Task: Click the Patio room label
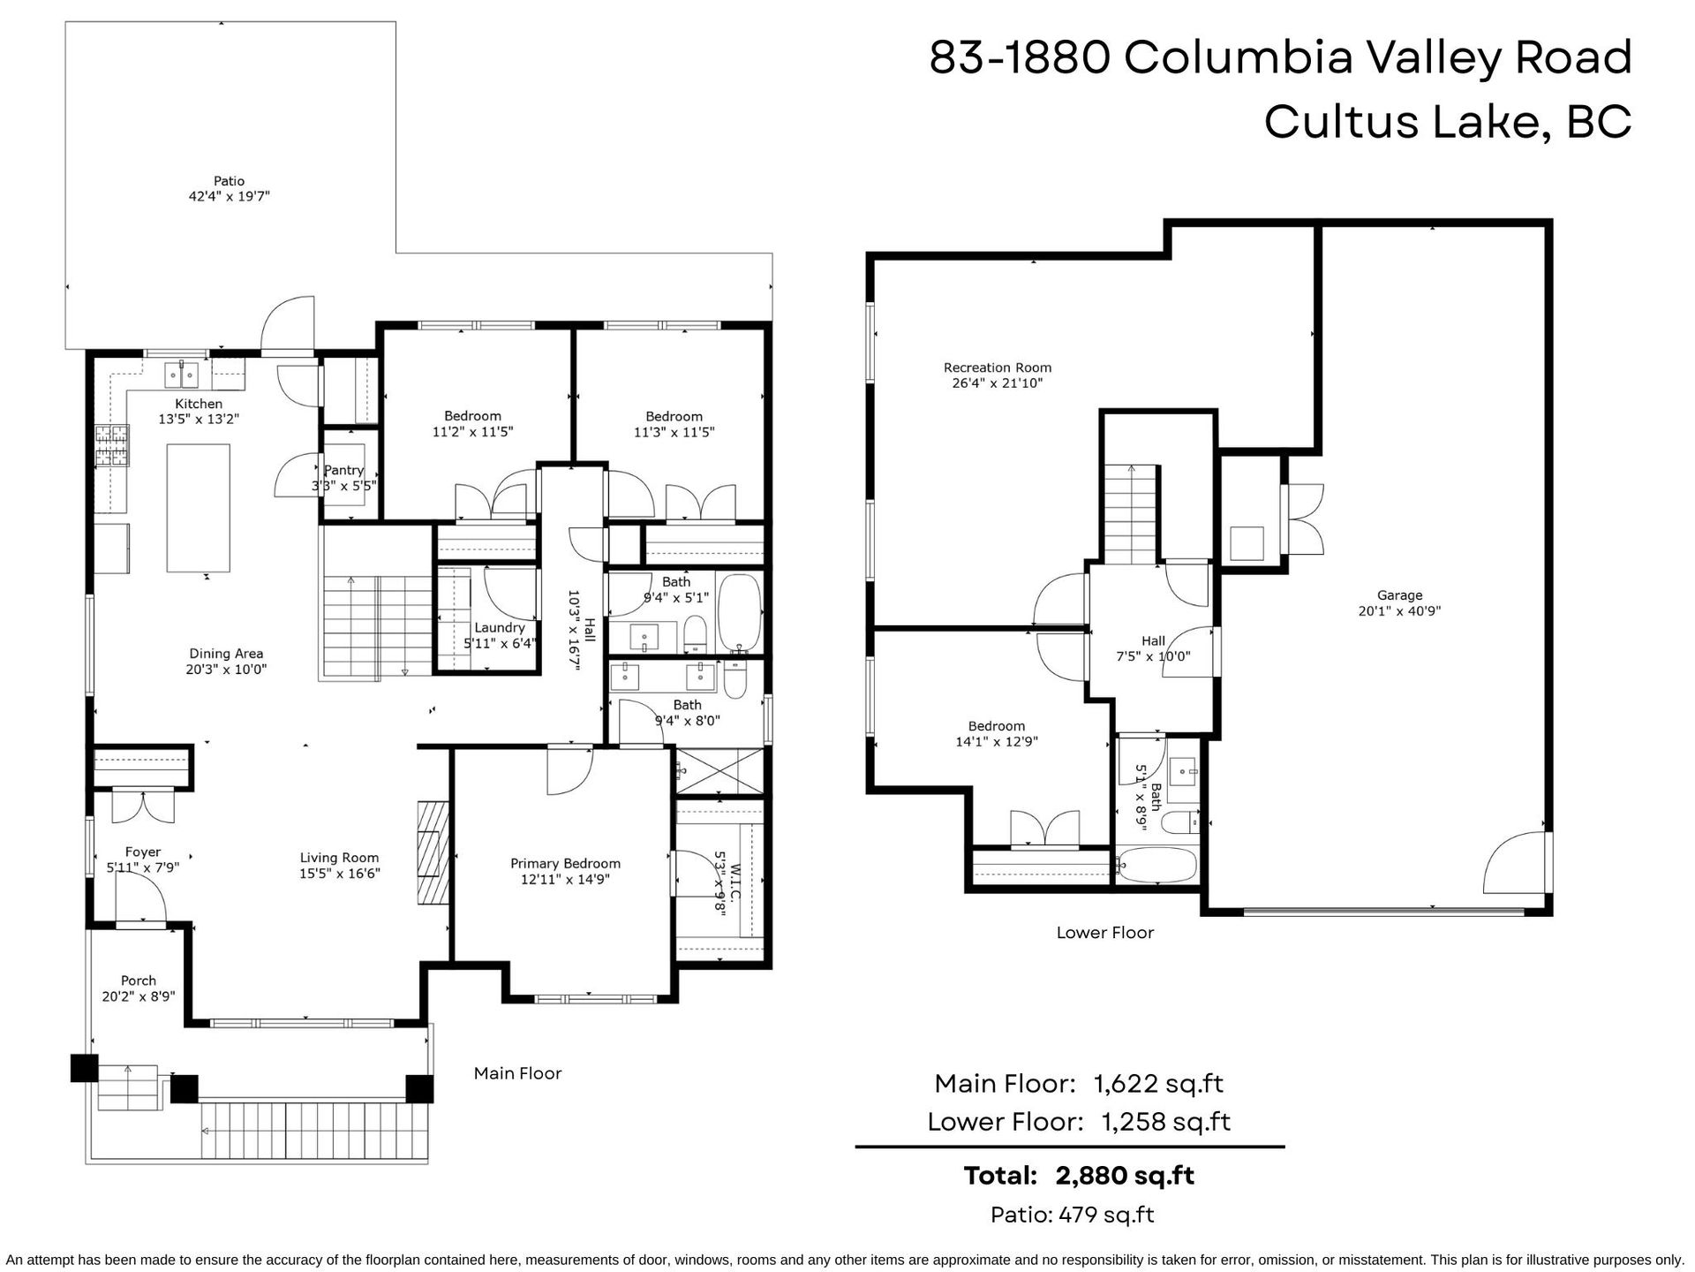[x=229, y=181]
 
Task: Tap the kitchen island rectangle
[x=199, y=508]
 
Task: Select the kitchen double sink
[x=185, y=375]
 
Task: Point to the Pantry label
[x=343, y=470]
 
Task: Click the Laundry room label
[x=500, y=627]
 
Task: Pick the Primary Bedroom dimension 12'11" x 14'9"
[x=565, y=879]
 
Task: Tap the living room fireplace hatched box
[x=433, y=852]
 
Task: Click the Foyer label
[x=143, y=852]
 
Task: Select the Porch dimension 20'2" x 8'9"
[x=139, y=996]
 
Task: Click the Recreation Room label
[x=998, y=367]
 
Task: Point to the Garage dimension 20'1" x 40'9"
[x=1399, y=610]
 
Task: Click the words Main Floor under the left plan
[x=517, y=1073]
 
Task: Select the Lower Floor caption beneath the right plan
[x=1105, y=932]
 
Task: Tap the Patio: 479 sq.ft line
[x=1073, y=1215]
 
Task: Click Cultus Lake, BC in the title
[x=1448, y=122]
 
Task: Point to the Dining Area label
[x=226, y=654]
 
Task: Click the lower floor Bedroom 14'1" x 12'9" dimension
[x=997, y=742]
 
